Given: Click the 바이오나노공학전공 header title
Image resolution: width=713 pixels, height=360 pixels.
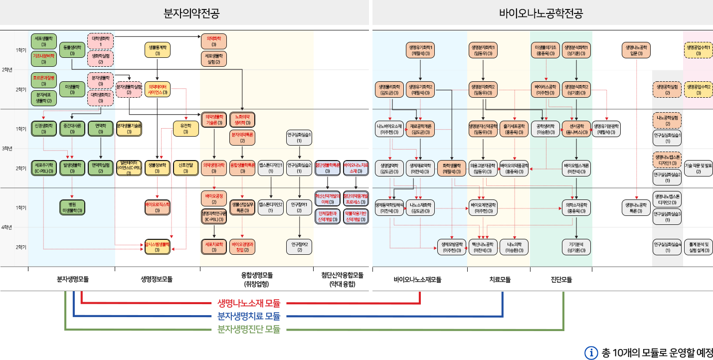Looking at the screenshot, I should (x=541, y=13).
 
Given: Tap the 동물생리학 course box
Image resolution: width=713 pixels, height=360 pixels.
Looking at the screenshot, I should (x=72, y=49).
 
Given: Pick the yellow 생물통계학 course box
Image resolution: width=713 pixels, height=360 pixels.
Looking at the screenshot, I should (x=158, y=49).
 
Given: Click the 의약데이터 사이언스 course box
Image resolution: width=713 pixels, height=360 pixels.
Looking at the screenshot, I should (x=158, y=89).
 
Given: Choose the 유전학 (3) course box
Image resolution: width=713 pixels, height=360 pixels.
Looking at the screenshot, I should (x=185, y=129).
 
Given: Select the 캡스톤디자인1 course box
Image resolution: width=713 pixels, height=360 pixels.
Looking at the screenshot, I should (x=271, y=168).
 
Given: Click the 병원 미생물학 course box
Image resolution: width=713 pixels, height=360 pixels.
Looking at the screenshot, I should (x=72, y=207).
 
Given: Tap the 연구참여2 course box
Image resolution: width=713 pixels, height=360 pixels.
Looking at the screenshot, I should (x=299, y=247).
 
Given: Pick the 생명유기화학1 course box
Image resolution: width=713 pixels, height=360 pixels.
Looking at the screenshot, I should (x=421, y=49).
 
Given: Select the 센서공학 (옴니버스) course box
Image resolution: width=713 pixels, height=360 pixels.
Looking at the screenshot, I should (x=576, y=129).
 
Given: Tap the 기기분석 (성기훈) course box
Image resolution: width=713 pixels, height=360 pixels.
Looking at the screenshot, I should (x=576, y=247).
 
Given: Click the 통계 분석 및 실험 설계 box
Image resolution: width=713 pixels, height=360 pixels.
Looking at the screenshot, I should (x=698, y=247).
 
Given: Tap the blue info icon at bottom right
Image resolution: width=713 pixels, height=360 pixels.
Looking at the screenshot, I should (x=591, y=353).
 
